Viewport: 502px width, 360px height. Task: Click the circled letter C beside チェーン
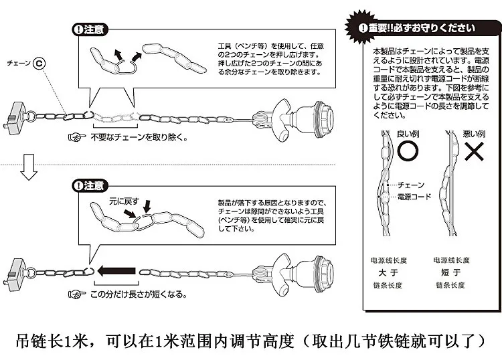click(x=39, y=64)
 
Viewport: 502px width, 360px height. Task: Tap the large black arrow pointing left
click(x=116, y=271)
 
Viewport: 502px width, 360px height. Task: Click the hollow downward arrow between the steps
click(x=29, y=167)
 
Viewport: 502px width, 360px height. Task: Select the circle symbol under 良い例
click(x=408, y=151)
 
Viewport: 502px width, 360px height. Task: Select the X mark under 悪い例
click(x=474, y=151)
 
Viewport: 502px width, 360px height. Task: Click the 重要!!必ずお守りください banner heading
click(x=417, y=28)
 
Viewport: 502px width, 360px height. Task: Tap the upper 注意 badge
click(x=90, y=29)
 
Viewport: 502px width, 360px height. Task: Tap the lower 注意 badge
click(x=90, y=185)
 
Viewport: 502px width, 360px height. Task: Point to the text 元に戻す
click(x=124, y=201)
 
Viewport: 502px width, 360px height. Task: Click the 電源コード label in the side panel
click(x=414, y=197)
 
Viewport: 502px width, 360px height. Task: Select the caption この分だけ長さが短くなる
click(x=138, y=294)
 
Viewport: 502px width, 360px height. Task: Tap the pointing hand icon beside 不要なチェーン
click(x=77, y=137)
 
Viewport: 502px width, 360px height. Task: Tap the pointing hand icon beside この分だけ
click(x=77, y=294)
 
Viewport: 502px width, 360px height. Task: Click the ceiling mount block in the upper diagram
click(x=16, y=118)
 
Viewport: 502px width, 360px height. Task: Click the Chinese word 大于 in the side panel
click(x=388, y=272)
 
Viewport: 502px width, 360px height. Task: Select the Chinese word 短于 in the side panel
click(x=450, y=272)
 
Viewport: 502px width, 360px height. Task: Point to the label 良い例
click(x=408, y=134)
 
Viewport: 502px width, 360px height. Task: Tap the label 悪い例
click(x=474, y=134)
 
